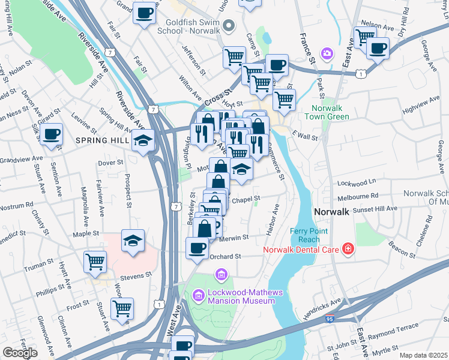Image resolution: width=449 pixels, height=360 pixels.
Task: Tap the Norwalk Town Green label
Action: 330,112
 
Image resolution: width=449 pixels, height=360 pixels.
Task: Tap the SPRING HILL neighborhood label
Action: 99,140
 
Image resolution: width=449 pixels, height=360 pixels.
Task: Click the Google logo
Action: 20,353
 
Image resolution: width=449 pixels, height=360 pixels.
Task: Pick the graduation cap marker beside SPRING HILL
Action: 144,141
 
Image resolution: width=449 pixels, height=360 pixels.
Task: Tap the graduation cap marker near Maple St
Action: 133,241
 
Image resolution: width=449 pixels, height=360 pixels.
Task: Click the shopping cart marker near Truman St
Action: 95,262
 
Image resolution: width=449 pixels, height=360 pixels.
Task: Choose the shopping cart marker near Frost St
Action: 122,308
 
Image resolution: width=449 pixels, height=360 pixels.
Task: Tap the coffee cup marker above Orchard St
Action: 197,247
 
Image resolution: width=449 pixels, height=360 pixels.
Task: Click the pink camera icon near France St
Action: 327,55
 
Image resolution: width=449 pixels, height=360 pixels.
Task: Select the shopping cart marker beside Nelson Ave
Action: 364,37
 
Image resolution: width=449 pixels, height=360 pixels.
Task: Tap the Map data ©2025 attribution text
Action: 423,355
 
